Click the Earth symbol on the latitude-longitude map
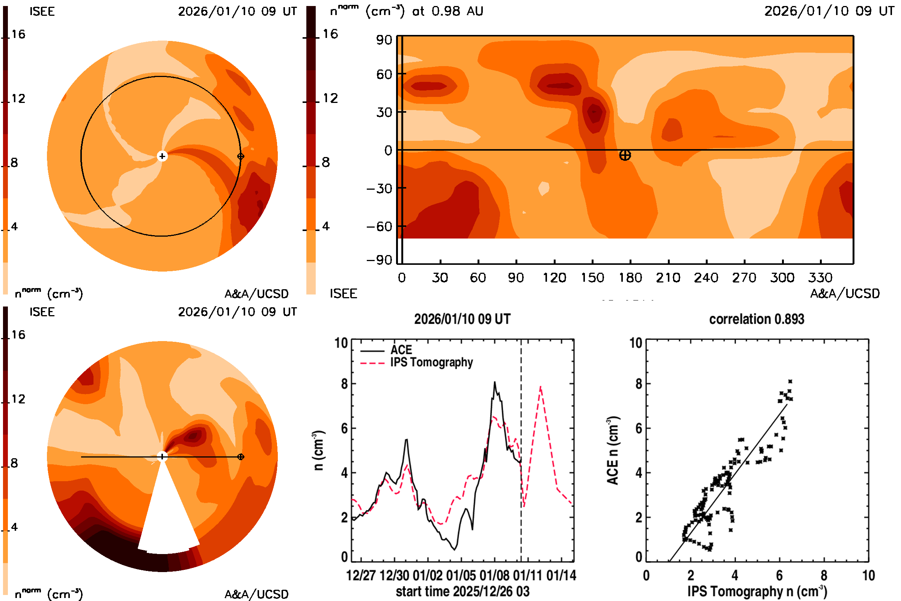(625, 155)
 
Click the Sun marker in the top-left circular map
(162, 156)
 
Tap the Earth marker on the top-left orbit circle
(241, 156)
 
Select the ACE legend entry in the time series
(401, 350)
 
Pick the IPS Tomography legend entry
(431, 362)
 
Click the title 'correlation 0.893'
(756, 319)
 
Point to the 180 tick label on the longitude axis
(630, 278)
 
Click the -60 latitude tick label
(379, 227)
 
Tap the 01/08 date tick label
(494, 575)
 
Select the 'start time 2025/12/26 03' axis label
(463, 591)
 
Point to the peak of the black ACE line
(494, 382)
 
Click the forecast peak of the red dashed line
(540, 387)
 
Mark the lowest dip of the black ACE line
(455, 550)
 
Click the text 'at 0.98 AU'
(447, 11)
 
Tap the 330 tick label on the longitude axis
(820, 278)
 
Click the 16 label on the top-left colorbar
(18, 34)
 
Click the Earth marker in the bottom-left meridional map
(241, 457)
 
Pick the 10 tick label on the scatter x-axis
(868, 575)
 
